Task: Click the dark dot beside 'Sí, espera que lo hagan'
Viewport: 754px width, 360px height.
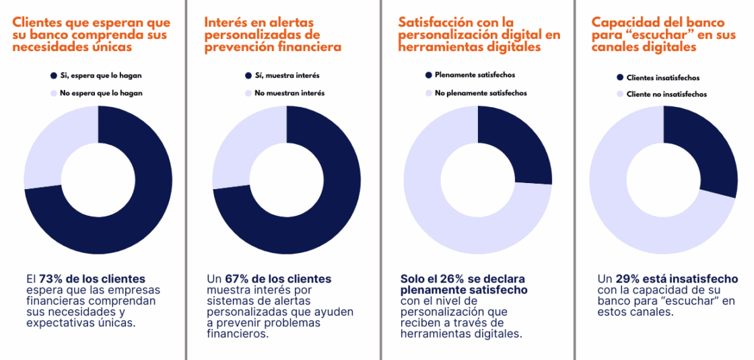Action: (x=53, y=75)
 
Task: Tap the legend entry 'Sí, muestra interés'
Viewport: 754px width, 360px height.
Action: (x=286, y=75)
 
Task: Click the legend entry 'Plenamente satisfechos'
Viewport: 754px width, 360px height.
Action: (x=475, y=75)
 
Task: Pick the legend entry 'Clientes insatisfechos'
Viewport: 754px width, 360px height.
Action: (x=662, y=77)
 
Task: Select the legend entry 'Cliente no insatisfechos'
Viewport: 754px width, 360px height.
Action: (x=666, y=94)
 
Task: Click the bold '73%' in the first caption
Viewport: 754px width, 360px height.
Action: (x=51, y=279)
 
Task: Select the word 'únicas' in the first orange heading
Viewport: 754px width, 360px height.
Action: (x=108, y=47)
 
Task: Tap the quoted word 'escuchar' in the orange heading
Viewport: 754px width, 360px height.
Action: (x=650, y=34)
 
